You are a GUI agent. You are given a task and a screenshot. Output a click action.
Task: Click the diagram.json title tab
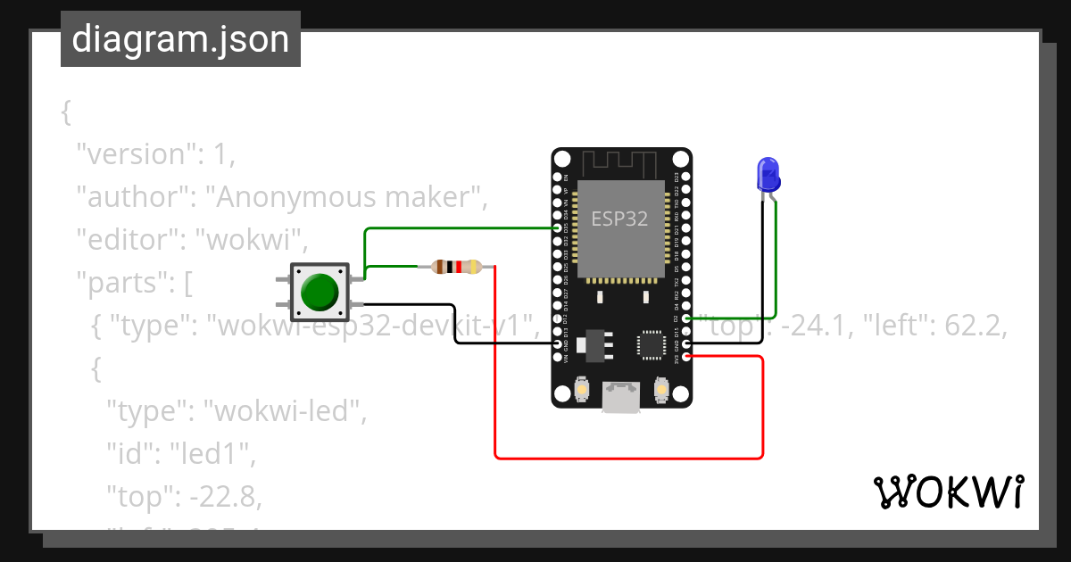[180, 39]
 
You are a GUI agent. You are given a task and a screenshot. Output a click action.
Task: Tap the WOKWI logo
[947, 492]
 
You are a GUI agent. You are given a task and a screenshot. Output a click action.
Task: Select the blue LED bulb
[768, 174]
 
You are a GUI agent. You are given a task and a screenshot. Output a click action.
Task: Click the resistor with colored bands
[456, 266]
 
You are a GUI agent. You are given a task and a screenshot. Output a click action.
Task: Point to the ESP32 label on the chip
[619, 217]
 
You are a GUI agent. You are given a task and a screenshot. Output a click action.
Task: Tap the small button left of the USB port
[581, 390]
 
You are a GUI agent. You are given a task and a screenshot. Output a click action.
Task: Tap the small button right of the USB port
[661, 390]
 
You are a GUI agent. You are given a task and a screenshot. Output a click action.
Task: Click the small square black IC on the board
[651, 344]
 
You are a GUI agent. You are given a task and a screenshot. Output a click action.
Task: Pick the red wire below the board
[625, 459]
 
